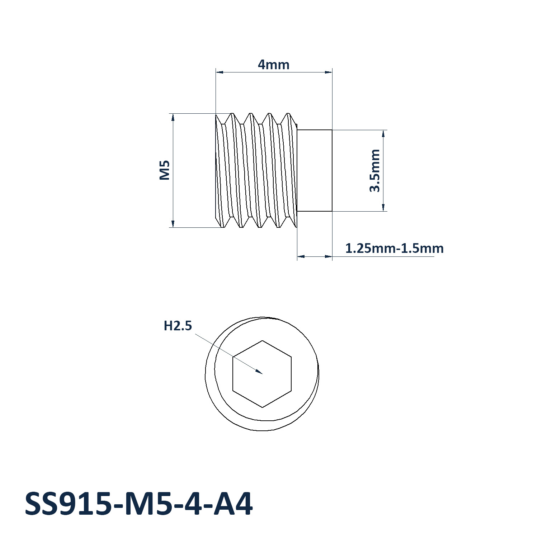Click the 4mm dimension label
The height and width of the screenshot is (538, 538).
click(x=273, y=65)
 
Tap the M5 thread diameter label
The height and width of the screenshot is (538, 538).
click(x=164, y=170)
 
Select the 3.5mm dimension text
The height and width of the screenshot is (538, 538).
click(x=375, y=171)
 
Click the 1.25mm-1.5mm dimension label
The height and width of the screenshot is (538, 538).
click(x=394, y=248)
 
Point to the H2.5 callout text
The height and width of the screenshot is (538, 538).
click(x=178, y=326)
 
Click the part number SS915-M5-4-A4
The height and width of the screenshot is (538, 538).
click(x=139, y=504)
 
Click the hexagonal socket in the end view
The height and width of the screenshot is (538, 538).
click(x=262, y=374)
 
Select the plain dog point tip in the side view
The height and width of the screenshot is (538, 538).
click(x=315, y=171)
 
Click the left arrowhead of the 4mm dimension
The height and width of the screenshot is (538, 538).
click(x=220, y=72)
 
